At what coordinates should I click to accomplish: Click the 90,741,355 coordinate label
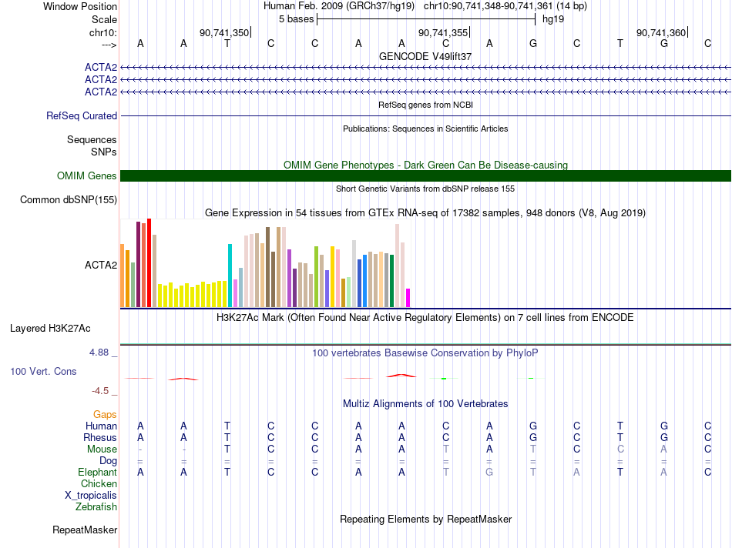442,32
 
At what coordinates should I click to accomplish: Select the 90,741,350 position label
224,32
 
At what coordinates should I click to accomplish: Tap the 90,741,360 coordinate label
661,32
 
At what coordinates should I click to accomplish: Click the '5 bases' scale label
296,19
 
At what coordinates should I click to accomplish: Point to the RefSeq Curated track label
82,115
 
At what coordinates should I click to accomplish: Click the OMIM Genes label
87,175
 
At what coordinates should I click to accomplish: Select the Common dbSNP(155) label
69,199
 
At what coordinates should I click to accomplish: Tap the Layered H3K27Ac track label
50,329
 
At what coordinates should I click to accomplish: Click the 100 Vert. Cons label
43,371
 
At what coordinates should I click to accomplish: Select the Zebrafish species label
96,506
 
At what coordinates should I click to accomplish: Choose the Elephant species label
98,472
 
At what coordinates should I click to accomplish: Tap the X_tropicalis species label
91,496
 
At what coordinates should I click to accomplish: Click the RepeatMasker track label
85,530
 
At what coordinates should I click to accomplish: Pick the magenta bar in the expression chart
408,298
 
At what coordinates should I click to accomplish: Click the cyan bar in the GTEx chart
230,276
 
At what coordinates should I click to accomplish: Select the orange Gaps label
105,414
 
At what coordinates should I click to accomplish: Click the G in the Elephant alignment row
489,472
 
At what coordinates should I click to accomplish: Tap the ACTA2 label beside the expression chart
101,265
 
